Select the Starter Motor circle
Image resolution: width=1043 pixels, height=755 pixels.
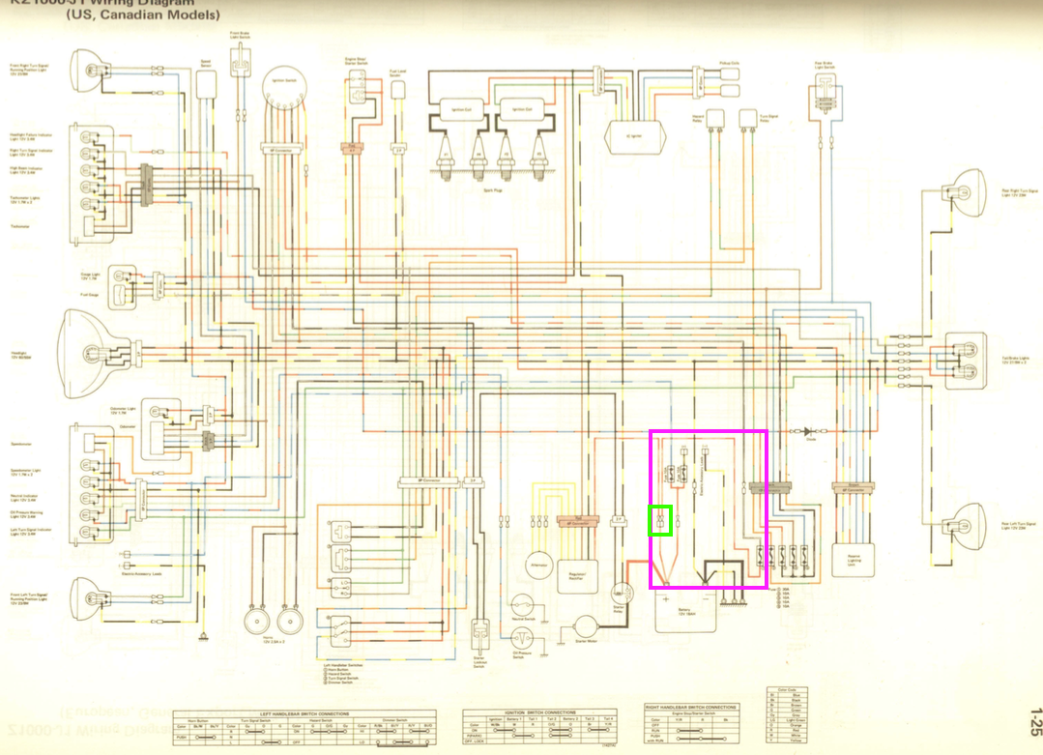click(585, 628)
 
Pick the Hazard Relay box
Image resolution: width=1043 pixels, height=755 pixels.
click(716, 119)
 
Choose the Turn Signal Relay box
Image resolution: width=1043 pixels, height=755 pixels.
click(746, 119)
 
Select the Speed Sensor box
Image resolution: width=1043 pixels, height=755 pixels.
click(206, 83)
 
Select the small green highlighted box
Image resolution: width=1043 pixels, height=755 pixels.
click(660, 520)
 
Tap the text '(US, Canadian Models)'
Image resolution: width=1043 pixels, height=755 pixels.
click(143, 15)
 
